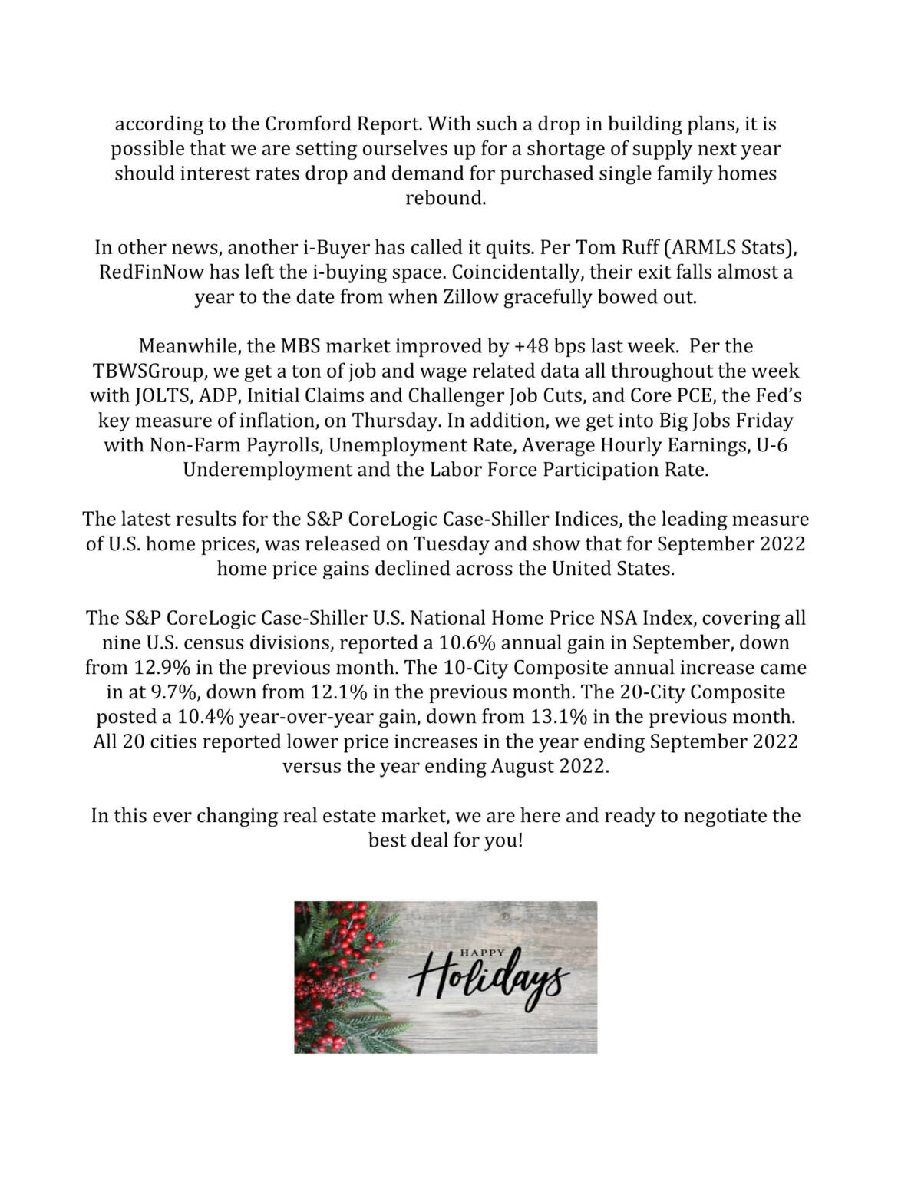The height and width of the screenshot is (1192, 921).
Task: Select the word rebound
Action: (445, 199)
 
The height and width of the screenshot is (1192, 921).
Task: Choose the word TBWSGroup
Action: (149, 371)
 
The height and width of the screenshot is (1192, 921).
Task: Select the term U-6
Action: (772, 446)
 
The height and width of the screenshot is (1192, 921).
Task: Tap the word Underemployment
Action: (268, 471)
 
